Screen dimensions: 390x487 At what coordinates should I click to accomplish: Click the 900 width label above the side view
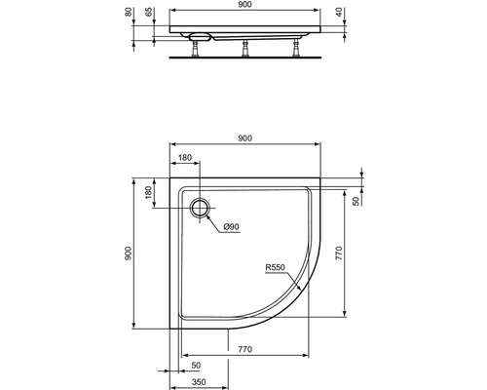(x=244, y=5)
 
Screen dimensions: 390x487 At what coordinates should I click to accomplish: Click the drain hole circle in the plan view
(x=201, y=206)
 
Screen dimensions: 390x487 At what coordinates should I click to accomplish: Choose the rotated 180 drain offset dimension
(x=149, y=192)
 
